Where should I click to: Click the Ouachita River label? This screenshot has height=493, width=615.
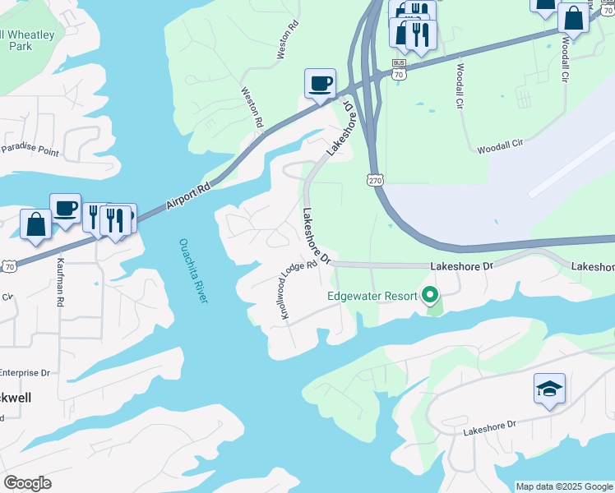pyautogui.click(x=192, y=270)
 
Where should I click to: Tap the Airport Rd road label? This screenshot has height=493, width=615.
pyautogui.click(x=189, y=194)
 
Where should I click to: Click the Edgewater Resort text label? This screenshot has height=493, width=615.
pyautogui.click(x=372, y=296)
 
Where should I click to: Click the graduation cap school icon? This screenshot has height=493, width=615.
pyautogui.click(x=549, y=388)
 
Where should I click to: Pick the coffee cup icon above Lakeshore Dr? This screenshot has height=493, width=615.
pyautogui.click(x=320, y=82)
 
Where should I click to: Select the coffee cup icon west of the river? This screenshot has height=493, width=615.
pyautogui.click(x=65, y=207)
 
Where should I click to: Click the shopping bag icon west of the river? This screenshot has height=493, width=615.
pyautogui.click(x=35, y=223)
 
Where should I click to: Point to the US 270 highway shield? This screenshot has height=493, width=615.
pyautogui.click(x=376, y=179)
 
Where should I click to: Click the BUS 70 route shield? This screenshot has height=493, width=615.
pyautogui.click(x=400, y=69)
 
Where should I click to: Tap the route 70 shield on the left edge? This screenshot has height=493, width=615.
pyautogui.click(x=9, y=265)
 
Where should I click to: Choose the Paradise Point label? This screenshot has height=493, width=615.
pyautogui.click(x=30, y=150)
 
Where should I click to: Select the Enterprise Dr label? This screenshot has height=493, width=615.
pyautogui.click(x=25, y=372)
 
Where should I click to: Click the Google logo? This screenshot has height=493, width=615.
pyautogui.click(x=27, y=483)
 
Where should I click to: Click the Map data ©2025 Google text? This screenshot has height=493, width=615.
pyautogui.click(x=564, y=486)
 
